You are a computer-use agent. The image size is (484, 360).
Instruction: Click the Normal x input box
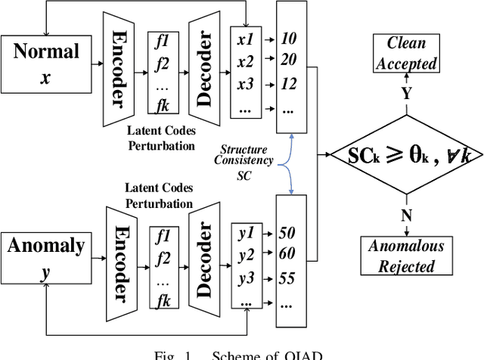click(x=45, y=64)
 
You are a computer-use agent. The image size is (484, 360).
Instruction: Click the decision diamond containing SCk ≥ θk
click(x=406, y=155)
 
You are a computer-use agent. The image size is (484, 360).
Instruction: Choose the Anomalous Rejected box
click(x=406, y=256)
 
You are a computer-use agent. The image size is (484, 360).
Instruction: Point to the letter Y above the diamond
click(x=406, y=94)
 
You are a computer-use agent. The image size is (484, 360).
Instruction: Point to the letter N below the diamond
click(x=406, y=216)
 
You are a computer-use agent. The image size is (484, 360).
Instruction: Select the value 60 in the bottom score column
click(x=287, y=252)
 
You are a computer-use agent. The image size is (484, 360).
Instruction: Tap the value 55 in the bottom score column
click(x=287, y=278)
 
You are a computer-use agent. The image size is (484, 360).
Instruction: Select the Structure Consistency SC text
click(x=244, y=162)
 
